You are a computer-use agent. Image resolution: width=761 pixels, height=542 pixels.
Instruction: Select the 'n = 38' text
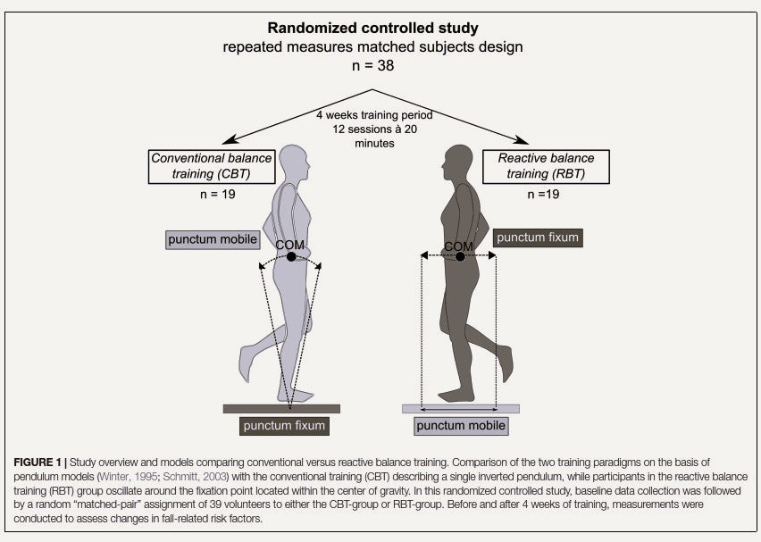372,65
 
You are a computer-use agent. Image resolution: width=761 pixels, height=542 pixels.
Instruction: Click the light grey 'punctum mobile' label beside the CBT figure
212,239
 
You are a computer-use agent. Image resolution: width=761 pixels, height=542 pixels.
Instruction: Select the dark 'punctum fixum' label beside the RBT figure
539,238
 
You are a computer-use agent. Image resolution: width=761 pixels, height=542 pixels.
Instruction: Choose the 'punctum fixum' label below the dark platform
284,426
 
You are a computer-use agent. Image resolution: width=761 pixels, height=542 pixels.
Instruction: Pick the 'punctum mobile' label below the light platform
461,426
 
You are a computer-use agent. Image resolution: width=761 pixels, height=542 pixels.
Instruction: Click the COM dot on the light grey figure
291,257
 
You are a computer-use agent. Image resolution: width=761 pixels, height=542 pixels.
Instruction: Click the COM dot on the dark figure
459,257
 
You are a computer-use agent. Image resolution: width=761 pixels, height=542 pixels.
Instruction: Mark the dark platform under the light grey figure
281,408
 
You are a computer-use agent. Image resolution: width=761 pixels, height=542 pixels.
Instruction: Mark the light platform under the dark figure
460,409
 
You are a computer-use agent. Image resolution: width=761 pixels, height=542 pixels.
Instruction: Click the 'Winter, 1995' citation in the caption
164,476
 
